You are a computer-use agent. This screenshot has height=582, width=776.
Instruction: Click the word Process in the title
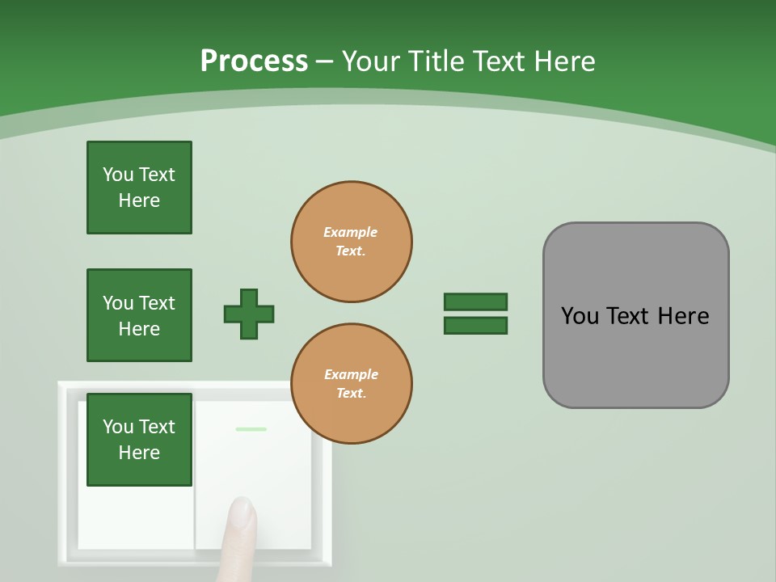[x=254, y=61]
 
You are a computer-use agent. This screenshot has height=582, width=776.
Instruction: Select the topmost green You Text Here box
[x=139, y=188]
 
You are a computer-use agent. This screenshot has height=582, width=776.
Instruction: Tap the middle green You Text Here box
[x=139, y=315]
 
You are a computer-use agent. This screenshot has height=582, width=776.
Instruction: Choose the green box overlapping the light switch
[x=139, y=440]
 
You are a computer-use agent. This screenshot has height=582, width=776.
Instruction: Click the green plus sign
[x=249, y=314]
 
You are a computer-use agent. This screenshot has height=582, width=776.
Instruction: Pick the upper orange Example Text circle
[x=352, y=242]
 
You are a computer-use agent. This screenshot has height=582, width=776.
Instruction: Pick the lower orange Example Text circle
[x=352, y=384]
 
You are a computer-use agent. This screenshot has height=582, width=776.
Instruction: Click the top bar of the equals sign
[x=475, y=302]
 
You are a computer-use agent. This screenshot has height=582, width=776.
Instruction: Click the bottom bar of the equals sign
[x=475, y=326]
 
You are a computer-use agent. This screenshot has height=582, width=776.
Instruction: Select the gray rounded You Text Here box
[x=635, y=315]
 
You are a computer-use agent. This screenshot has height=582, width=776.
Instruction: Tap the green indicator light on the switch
[x=251, y=429]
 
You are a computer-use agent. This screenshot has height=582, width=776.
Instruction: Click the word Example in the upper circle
[x=351, y=232]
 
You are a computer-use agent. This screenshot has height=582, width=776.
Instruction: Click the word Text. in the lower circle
[x=351, y=394]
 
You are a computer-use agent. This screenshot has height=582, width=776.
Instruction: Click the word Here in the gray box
[x=683, y=316]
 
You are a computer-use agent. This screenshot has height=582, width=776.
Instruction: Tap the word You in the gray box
[x=580, y=316]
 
